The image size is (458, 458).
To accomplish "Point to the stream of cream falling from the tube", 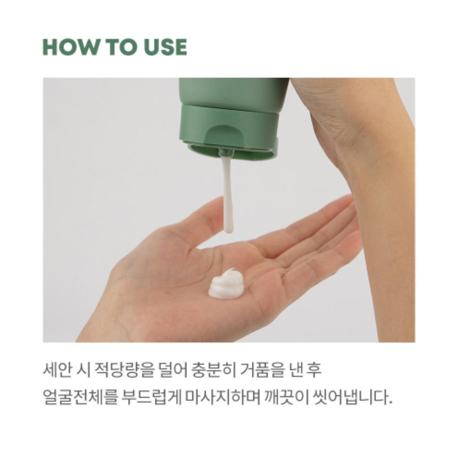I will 227,192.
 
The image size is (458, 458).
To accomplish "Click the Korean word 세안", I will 56,370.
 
